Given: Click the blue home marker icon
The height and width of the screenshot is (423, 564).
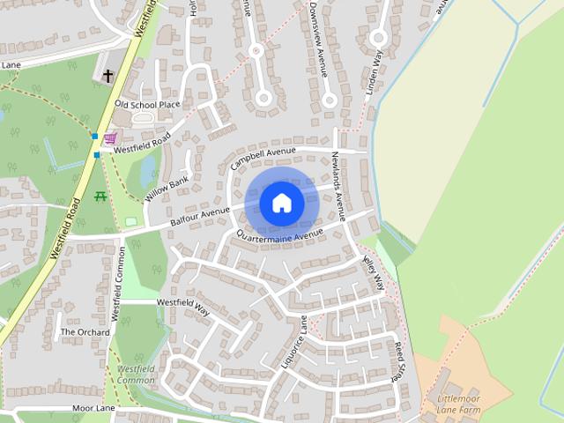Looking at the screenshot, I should [282, 203].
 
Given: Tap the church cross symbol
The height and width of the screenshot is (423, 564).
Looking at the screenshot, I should [108, 77].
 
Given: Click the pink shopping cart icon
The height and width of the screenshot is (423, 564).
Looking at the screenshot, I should [110, 138].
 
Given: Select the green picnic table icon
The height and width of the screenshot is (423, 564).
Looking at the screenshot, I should [100, 196].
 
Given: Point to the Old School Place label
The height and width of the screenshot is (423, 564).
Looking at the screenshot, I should [147, 105].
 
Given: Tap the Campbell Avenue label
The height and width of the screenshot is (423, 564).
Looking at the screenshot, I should [263, 158].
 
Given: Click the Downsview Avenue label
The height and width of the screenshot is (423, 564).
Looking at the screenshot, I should [318, 40].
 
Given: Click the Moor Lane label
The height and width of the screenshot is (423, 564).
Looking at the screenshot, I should [94, 409].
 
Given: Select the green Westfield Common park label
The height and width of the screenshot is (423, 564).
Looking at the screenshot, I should [135, 374].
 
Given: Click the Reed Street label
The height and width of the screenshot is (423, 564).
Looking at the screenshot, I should [397, 360].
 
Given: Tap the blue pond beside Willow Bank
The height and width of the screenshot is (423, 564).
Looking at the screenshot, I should [146, 167].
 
